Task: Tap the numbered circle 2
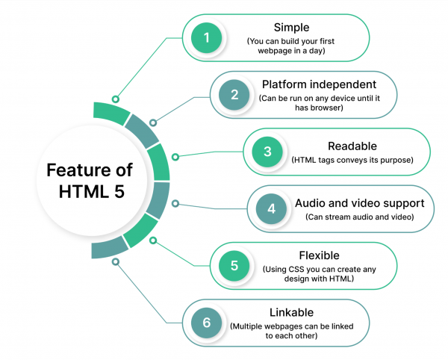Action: coord(233,95)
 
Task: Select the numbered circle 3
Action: coord(267,152)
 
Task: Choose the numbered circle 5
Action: coord(233,265)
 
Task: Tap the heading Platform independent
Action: coord(319,84)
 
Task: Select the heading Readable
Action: coord(352,146)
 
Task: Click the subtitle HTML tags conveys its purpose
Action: coord(352,160)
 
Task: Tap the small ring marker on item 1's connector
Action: coord(115,98)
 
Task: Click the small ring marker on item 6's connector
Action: coord(115,261)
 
